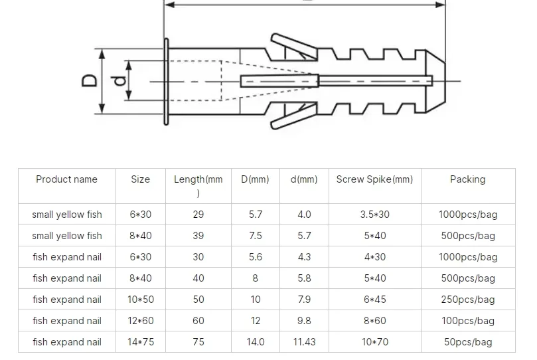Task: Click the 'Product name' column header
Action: (66, 179)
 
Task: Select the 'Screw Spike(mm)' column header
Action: (374, 179)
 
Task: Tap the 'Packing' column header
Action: (467, 179)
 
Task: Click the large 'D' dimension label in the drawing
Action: (90, 80)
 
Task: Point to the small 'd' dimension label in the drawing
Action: (119, 81)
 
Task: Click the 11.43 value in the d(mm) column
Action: (304, 342)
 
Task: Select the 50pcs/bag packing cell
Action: (467, 342)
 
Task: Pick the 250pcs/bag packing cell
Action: (467, 300)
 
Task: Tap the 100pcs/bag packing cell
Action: (467, 321)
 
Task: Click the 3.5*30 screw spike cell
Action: (374, 215)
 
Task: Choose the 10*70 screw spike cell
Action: (374, 342)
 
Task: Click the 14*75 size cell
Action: (140, 342)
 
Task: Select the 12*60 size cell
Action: (140, 321)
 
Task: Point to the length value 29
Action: (198, 215)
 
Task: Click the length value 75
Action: (198, 342)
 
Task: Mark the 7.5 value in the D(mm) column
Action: (255, 236)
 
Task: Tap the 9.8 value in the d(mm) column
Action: (304, 321)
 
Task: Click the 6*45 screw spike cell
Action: (374, 300)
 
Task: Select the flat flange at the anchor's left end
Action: (165, 81)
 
